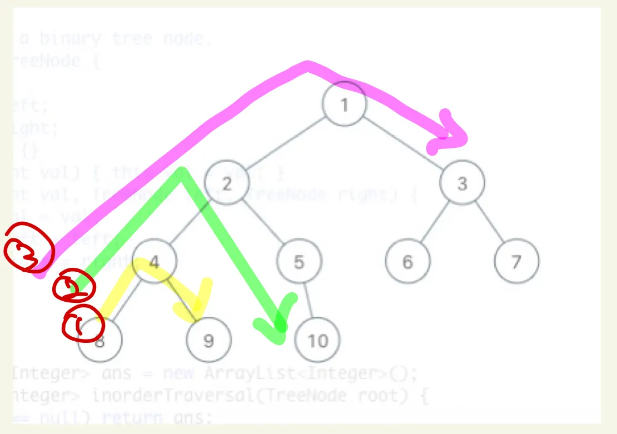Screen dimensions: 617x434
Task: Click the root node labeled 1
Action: (x=345, y=104)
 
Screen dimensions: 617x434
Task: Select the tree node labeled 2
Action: (x=226, y=183)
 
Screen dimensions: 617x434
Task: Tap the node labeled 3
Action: (x=462, y=183)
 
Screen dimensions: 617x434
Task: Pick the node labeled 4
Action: (x=155, y=261)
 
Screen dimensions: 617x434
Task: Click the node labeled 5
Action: (x=299, y=261)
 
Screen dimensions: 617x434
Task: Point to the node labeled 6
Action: (x=408, y=261)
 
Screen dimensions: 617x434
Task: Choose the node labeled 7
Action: (x=516, y=261)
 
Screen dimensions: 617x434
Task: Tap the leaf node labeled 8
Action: (x=100, y=340)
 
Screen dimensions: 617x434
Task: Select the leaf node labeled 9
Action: (x=208, y=340)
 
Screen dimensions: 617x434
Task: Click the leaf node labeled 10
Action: (x=317, y=340)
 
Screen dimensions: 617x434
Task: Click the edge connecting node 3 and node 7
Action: (x=490, y=222)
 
